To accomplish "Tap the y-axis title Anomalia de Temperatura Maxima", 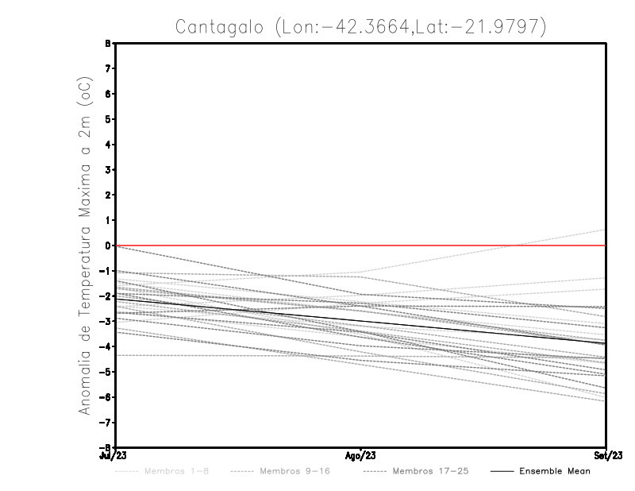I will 86,255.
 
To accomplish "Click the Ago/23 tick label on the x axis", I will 360,456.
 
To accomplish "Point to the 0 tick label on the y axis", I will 108,246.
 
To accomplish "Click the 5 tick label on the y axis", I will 108,119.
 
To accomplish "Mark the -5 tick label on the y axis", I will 106,372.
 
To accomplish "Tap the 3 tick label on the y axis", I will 108,170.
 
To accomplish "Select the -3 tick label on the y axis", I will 106,321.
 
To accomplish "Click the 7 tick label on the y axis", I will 108,68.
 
